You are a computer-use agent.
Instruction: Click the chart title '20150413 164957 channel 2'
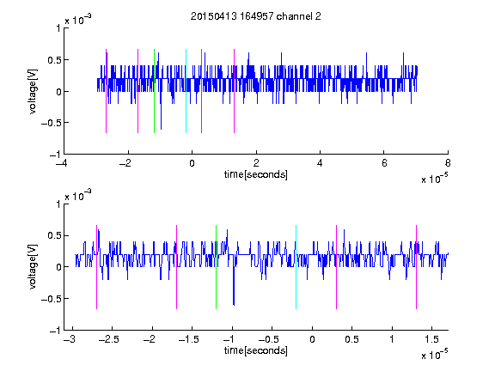(x=256, y=16)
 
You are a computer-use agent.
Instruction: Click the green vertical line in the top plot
(x=154, y=91)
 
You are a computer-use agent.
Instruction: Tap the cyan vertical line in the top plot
(x=186, y=91)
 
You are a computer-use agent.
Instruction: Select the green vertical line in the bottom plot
(x=216, y=267)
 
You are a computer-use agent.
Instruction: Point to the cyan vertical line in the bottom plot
(x=296, y=267)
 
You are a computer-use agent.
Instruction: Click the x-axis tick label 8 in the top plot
(x=448, y=163)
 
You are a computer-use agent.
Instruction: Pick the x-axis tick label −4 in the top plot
(x=63, y=163)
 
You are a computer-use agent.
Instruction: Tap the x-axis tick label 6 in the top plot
(x=384, y=163)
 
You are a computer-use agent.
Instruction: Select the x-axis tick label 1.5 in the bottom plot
(x=431, y=339)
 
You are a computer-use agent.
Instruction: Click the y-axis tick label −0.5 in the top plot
(x=51, y=123)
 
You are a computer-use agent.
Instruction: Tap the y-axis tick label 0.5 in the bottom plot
(x=54, y=235)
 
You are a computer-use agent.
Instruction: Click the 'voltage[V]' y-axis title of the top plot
(x=33, y=91)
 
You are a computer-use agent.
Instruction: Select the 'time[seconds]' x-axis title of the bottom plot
(x=256, y=350)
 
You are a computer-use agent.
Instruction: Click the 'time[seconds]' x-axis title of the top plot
(x=256, y=174)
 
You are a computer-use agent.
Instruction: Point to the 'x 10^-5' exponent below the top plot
(x=434, y=179)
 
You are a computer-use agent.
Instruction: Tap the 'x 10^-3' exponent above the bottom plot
(x=78, y=196)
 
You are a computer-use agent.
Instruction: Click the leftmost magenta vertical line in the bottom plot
(x=96, y=267)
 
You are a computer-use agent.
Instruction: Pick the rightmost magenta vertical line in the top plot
(x=234, y=91)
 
